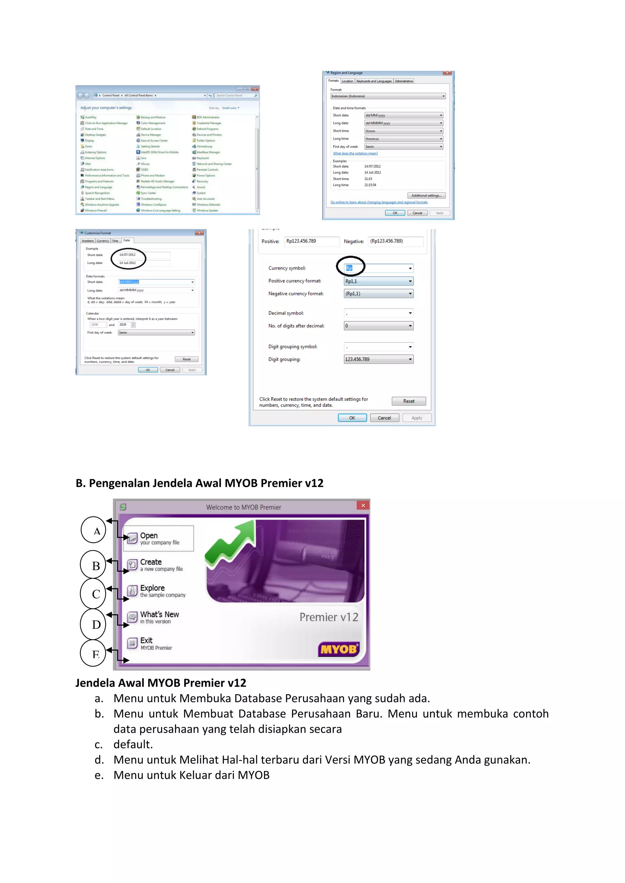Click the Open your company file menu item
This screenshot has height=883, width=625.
(159, 538)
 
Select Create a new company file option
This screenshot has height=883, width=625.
(161, 565)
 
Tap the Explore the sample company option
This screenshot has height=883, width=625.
(162, 591)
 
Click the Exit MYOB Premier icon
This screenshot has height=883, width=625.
(132, 643)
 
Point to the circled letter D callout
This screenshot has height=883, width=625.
(93, 624)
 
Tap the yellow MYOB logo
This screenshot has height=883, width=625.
(339, 649)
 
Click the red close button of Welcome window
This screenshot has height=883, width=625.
(363, 505)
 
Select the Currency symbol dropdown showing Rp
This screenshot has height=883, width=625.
(378, 268)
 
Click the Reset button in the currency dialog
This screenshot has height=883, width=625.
(408, 401)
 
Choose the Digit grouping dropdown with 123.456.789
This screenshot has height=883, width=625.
(378, 359)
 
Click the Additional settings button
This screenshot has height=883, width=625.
(426, 195)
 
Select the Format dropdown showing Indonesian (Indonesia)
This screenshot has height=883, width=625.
(388, 96)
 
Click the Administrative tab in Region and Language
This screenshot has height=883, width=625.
(403, 81)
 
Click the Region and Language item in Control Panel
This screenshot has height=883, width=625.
(98, 187)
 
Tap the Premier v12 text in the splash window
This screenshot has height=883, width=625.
(329, 617)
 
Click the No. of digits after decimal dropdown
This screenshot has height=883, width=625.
(378, 326)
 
